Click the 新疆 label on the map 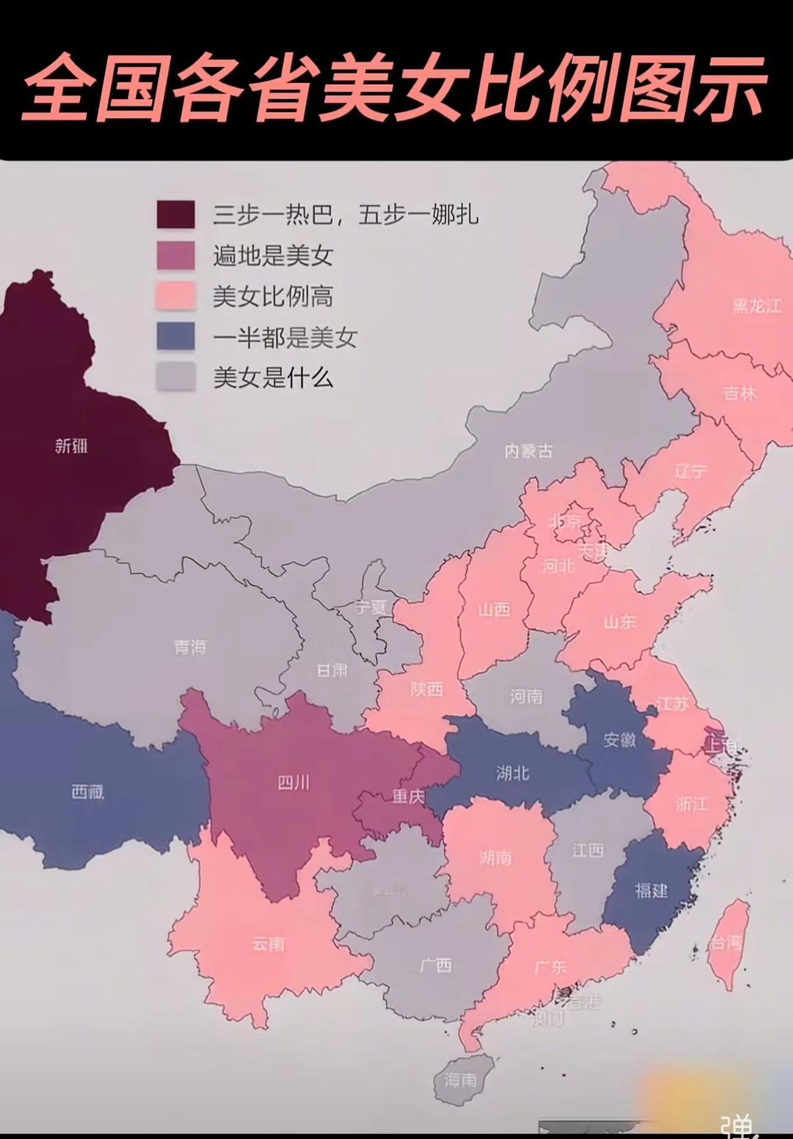pos(71,445)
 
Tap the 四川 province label pos(293,783)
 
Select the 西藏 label pos(87,792)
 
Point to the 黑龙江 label pos(756,306)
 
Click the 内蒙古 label pos(528,451)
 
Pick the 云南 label pos(268,944)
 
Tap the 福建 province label pos(651,891)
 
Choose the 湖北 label pos(512,772)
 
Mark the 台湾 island pos(727,943)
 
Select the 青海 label pos(190,648)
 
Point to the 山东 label pos(620,621)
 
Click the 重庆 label pos(408,796)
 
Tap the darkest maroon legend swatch pos(175,214)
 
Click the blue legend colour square pos(175,336)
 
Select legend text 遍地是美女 pos(273,255)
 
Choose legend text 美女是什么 pos(273,377)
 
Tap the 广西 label pos(436,965)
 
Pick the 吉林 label pos(740,393)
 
